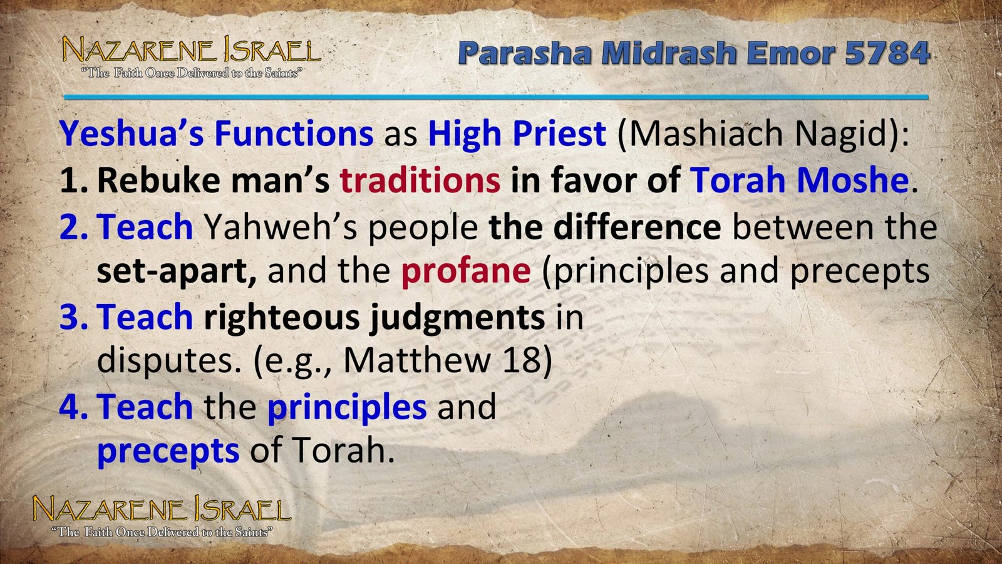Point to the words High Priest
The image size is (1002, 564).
517,134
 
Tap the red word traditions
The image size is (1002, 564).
420,180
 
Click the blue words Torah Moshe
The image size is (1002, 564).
799,180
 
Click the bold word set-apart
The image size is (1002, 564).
176,271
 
